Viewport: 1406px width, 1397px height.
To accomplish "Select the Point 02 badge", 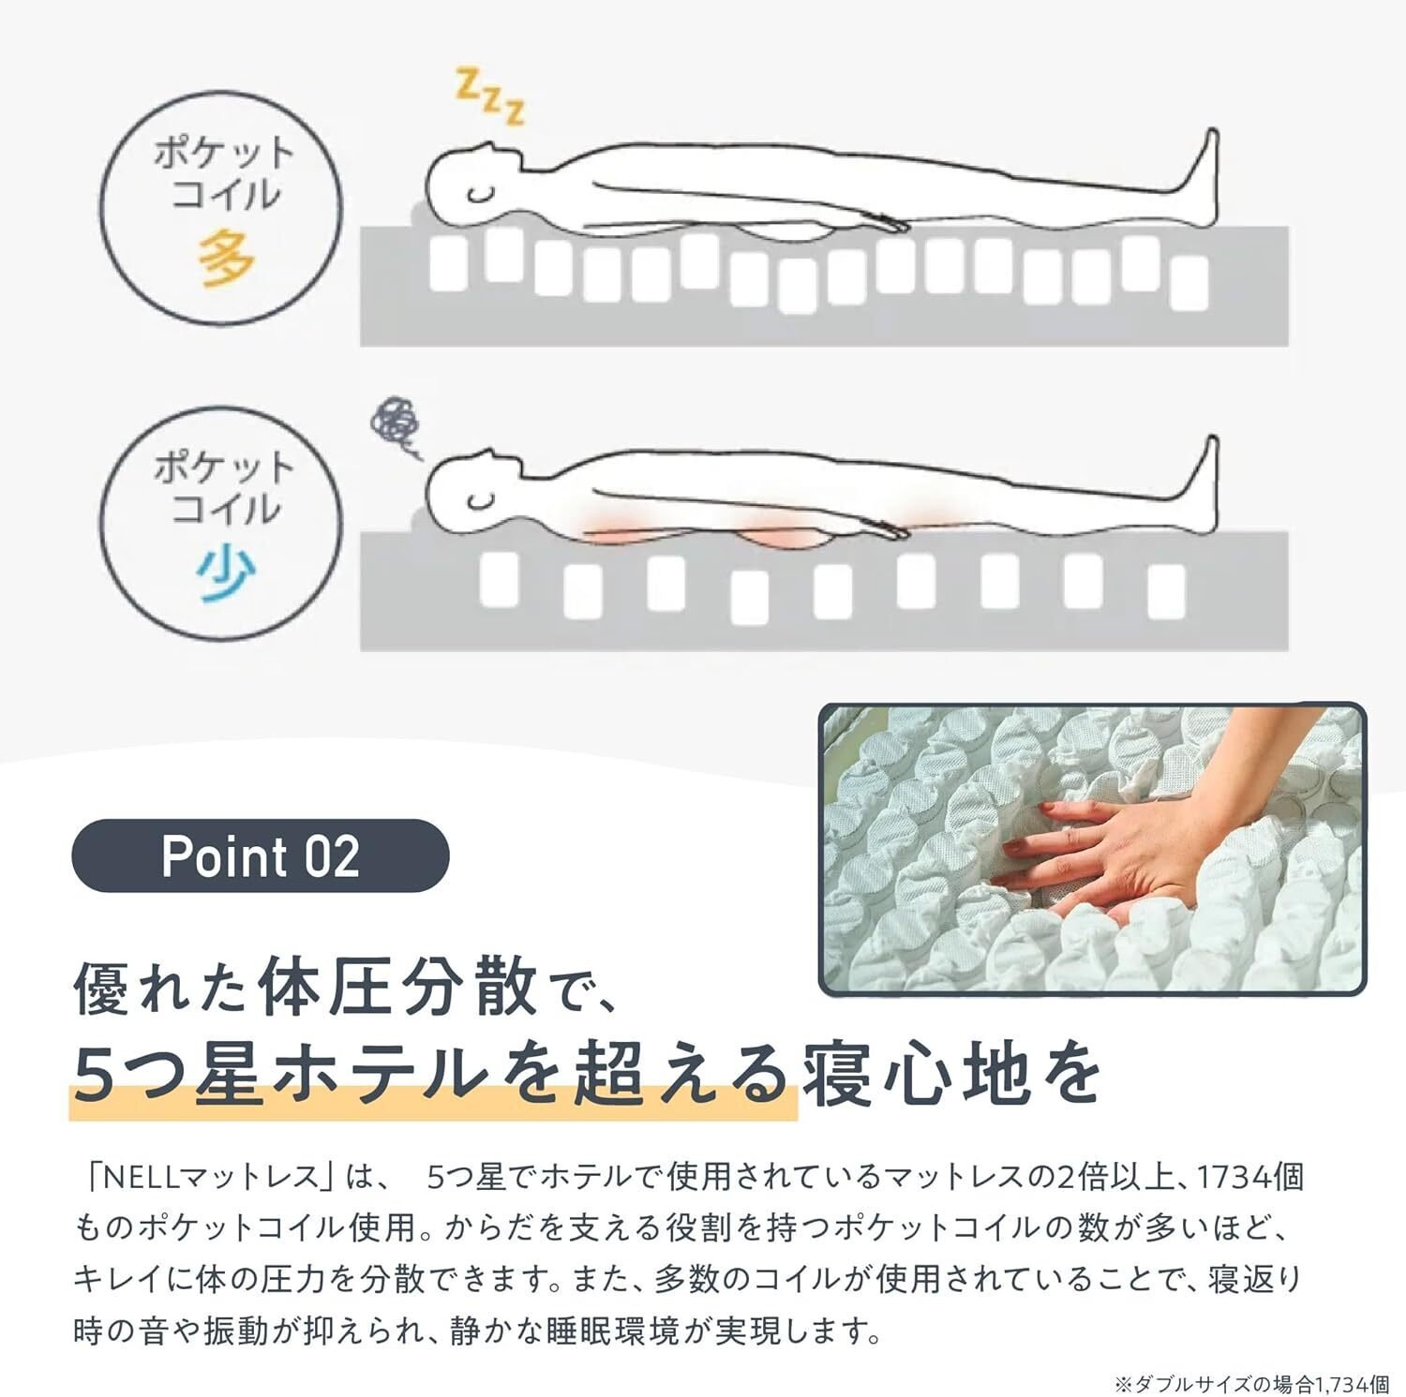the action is point(261,856).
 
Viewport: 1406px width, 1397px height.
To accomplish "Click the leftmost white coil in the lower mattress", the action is point(499,578).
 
